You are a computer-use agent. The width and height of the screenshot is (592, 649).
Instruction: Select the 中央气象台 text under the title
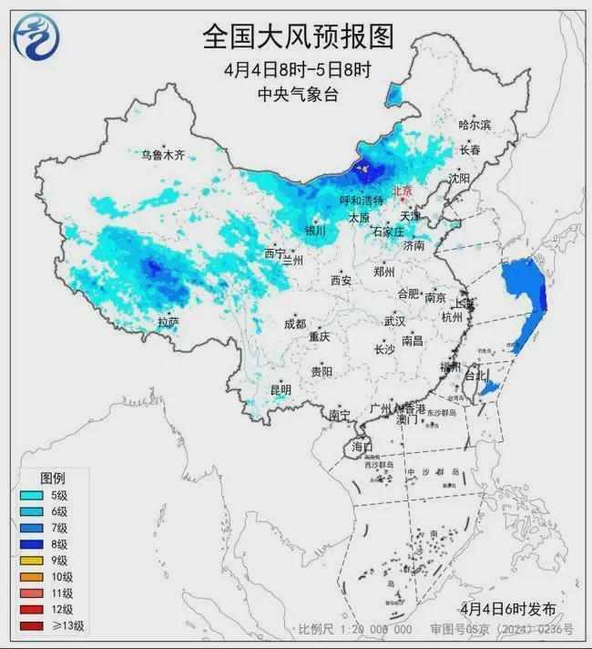tap(298, 94)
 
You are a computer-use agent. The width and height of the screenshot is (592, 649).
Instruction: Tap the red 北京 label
tap(402, 191)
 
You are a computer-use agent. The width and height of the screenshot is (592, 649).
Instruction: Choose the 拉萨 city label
tap(168, 322)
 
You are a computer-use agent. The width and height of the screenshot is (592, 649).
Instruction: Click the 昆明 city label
tap(281, 389)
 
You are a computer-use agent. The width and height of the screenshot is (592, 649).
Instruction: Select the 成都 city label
tap(295, 324)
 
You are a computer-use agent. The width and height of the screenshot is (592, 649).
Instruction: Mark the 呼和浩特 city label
tap(362, 200)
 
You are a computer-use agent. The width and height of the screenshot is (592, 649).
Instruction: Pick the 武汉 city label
tap(394, 322)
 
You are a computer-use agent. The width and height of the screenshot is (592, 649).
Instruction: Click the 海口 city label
tap(362, 447)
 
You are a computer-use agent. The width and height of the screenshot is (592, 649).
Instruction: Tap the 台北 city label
tap(475, 375)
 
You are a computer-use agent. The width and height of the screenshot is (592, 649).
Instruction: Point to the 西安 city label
tap(342, 281)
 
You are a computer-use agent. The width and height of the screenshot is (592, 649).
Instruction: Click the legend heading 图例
tap(52, 478)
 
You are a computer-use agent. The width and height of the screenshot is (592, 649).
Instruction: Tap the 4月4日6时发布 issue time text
tap(509, 609)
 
